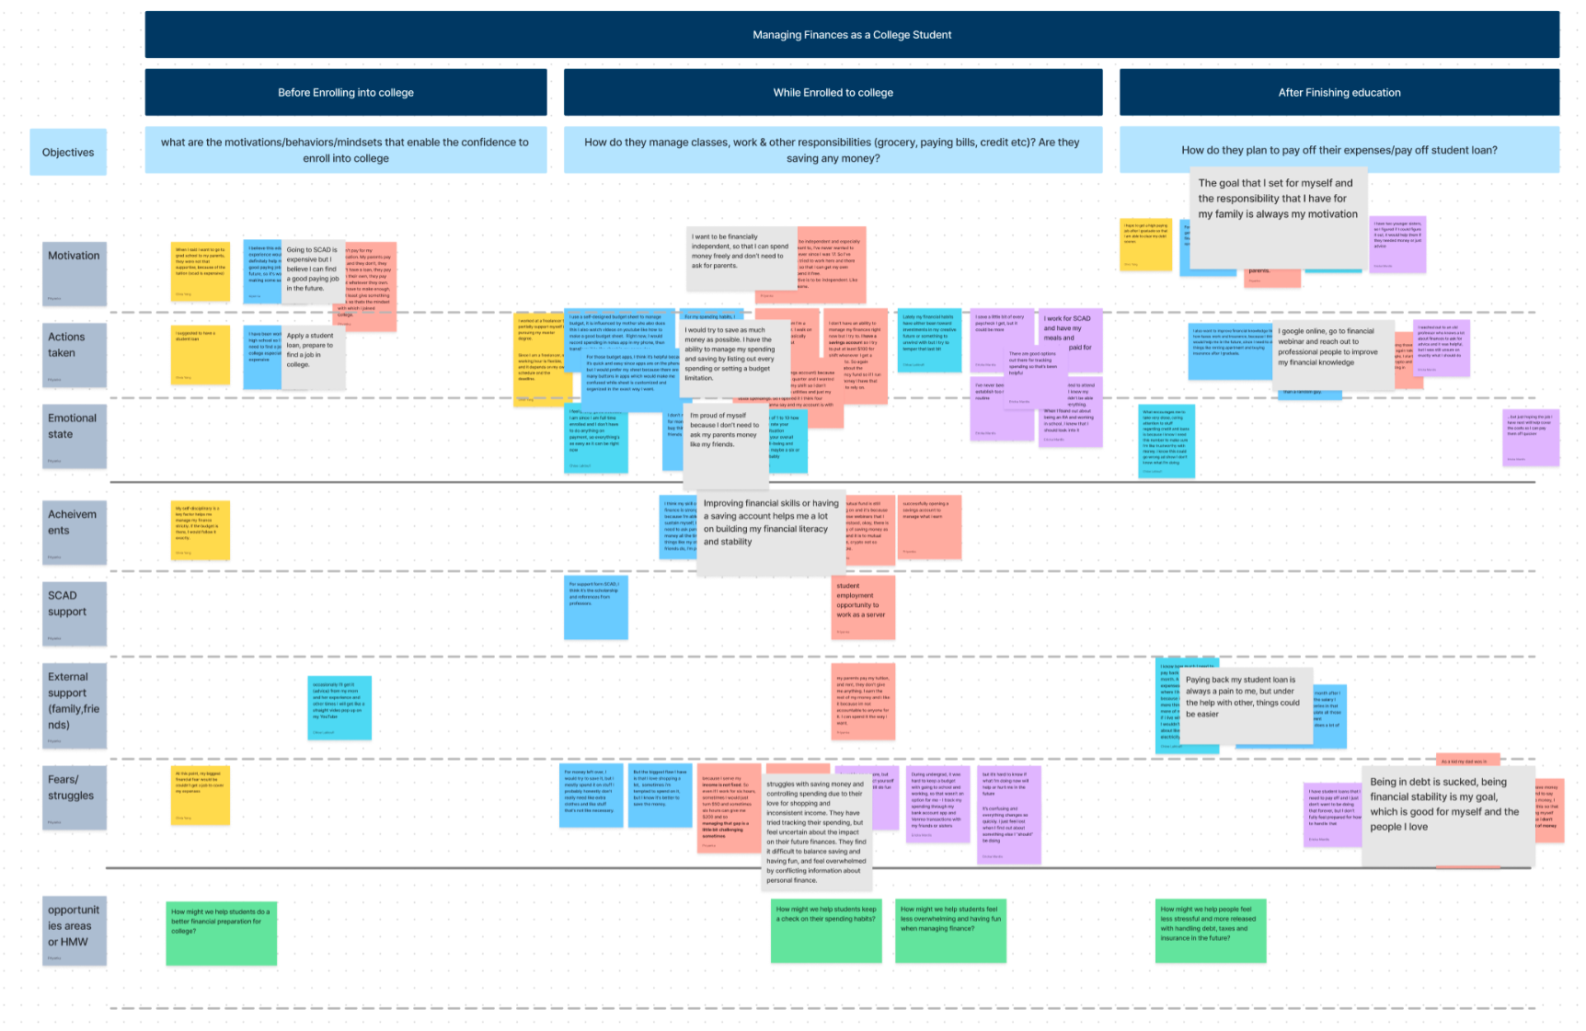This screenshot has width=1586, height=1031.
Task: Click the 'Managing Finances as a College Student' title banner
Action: click(851, 35)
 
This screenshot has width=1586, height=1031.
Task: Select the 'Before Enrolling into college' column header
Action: click(346, 92)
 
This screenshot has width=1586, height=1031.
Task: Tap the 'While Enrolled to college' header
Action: click(833, 92)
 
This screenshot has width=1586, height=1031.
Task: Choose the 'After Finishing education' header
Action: click(1339, 92)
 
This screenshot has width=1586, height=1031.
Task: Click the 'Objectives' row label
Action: click(68, 152)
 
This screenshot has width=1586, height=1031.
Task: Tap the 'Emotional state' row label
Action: click(74, 435)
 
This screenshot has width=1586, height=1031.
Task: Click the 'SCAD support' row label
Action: click(74, 612)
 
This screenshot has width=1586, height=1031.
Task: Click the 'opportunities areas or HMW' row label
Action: click(74, 930)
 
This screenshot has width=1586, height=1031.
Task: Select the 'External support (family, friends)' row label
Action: click(74, 705)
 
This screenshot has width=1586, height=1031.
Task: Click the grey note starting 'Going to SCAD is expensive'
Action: click(313, 269)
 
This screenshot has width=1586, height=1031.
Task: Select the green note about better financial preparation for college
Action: click(221, 933)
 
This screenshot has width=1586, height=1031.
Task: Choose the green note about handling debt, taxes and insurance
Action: click(1210, 930)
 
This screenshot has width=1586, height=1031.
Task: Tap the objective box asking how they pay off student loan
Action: click(1339, 150)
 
